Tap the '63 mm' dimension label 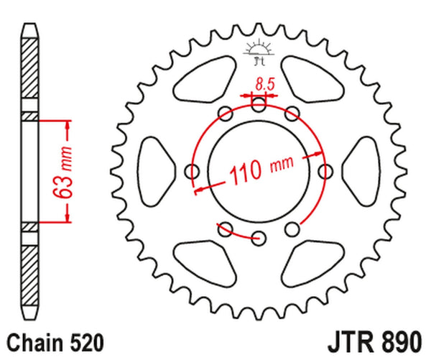coord(63,172)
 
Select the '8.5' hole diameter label coord(264,84)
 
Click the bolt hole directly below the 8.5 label coord(259,106)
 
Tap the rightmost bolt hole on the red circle coord(326,172)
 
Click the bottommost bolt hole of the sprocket coord(259,238)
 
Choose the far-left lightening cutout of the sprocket coord(154,172)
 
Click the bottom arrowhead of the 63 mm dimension coord(68,218)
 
